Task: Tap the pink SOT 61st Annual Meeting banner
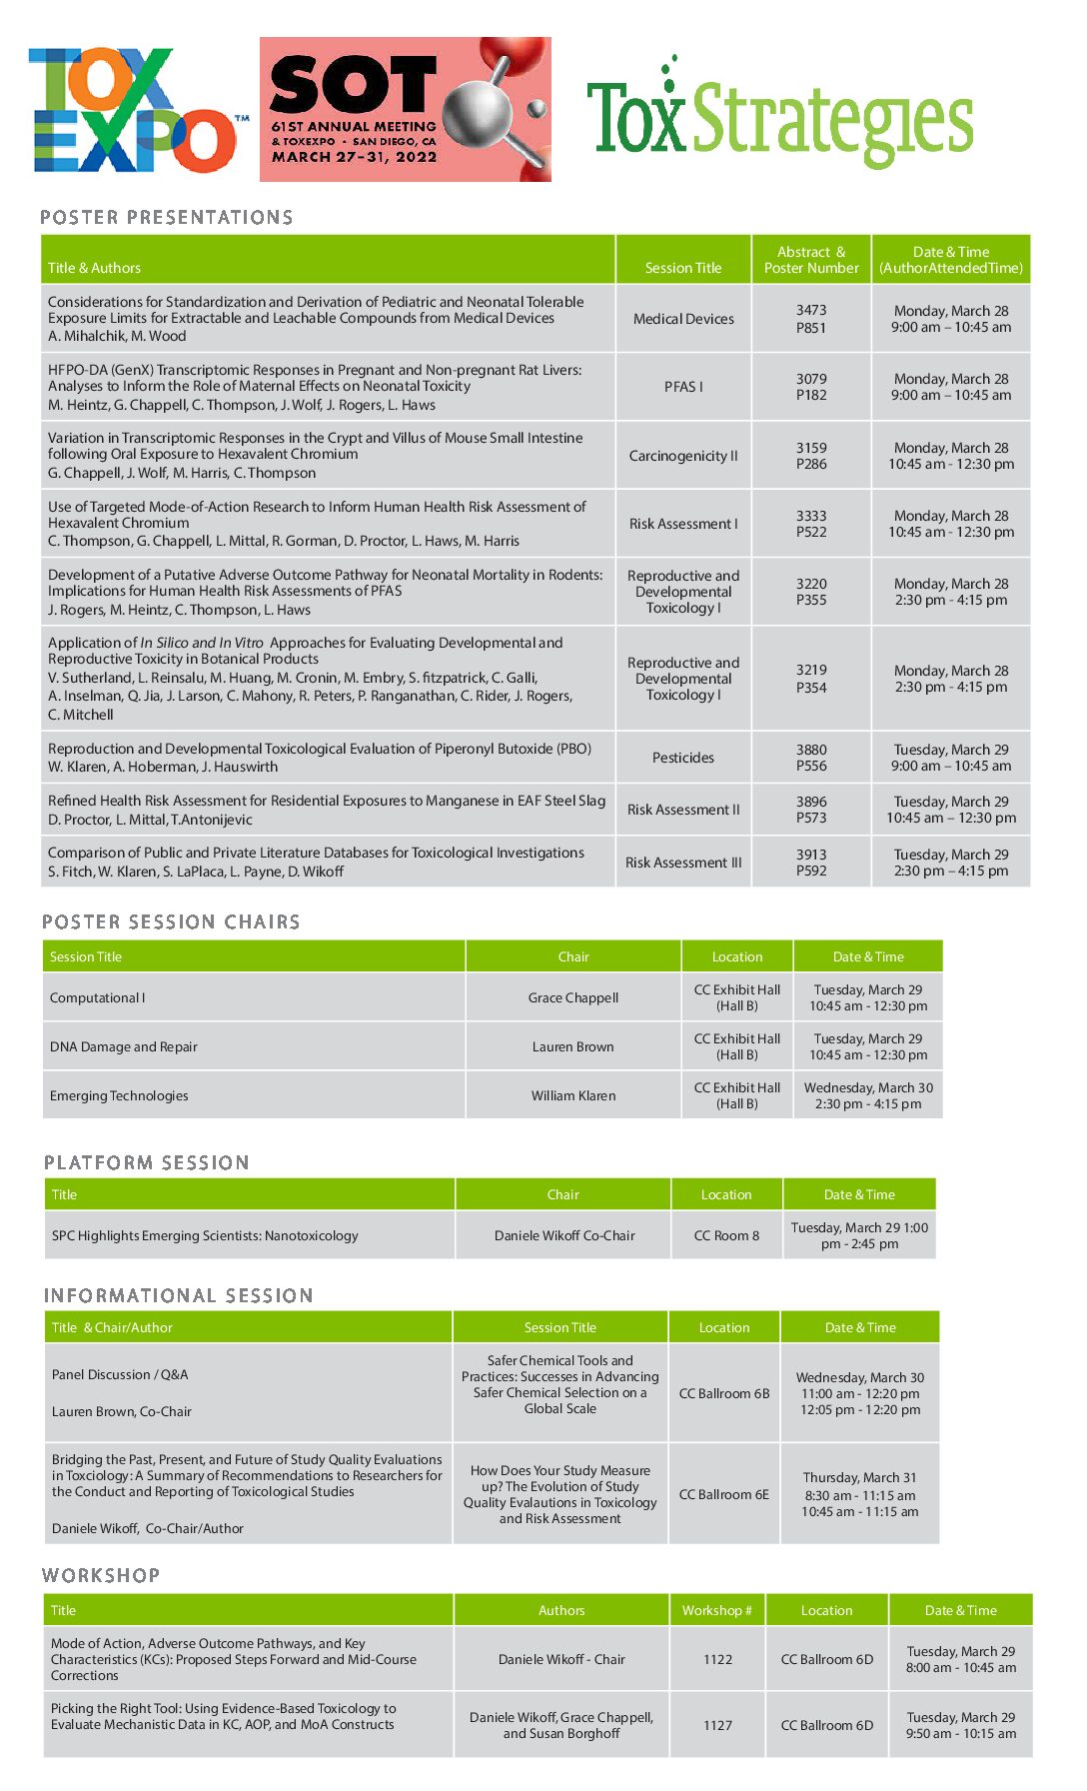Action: (405, 110)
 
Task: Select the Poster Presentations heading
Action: (167, 218)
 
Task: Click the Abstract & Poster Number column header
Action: (811, 260)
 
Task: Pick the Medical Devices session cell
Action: (683, 319)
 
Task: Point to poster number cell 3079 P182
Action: (811, 387)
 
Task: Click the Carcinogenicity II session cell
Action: (683, 456)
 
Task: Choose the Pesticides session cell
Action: (683, 758)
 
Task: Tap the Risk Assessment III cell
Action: (683, 863)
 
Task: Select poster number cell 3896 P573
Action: (811, 810)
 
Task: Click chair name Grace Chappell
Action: (573, 997)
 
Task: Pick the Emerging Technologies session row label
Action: (119, 1095)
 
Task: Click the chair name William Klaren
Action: (573, 1095)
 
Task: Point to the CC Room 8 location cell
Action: (726, 1235)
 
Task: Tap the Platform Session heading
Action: (147, 1163)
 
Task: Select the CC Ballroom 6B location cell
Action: (724, 1393)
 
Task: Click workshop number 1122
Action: (717, 1659)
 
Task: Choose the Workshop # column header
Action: (717, 1610)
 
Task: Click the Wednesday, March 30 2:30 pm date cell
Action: (868, 1095)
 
